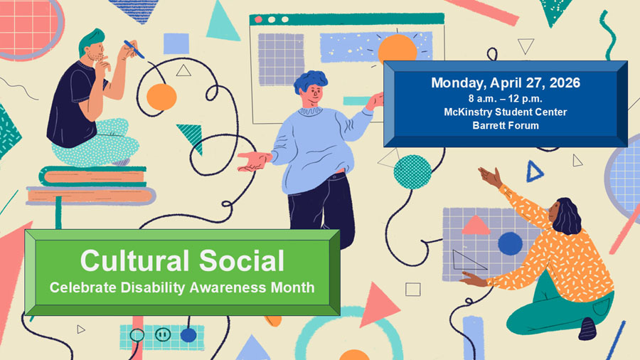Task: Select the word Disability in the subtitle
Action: point(183,288)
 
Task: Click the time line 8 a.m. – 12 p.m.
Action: point(505,97)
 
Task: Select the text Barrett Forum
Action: point(505,125)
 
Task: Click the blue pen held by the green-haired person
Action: point(134,48)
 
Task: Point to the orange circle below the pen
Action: point(161,96)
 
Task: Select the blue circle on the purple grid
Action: point(510,243)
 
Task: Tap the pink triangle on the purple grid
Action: point(476,226)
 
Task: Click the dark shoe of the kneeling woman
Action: point(587,328)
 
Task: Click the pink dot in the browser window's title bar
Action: point(259,19)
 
